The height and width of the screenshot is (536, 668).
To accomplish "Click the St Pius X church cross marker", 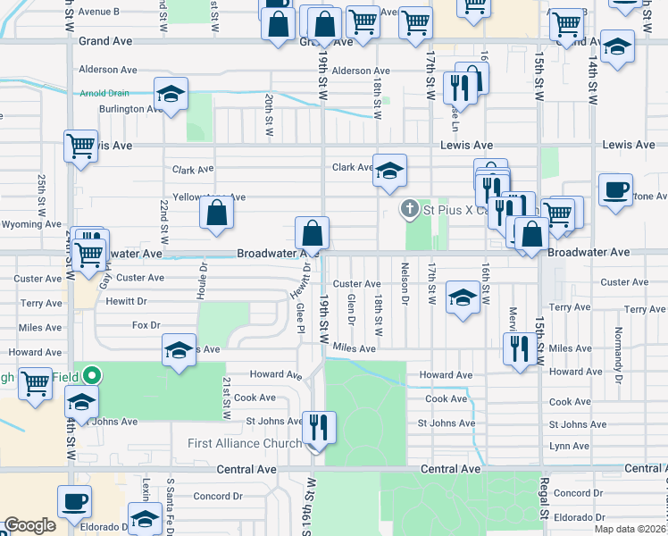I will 410,210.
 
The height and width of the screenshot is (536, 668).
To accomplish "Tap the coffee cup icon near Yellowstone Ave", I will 615,190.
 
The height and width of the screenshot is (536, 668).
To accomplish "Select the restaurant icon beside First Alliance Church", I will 317,427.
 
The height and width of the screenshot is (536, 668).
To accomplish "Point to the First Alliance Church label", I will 245,444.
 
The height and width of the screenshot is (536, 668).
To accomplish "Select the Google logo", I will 29,525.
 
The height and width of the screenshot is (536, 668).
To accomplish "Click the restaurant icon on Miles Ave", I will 517,349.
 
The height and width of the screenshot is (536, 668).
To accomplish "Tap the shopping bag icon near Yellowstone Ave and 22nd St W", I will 216,214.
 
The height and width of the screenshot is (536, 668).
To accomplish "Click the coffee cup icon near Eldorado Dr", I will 74,501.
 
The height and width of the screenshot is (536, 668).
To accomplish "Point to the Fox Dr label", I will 146,326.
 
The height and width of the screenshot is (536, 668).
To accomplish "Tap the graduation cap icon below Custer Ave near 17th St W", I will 463,298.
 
